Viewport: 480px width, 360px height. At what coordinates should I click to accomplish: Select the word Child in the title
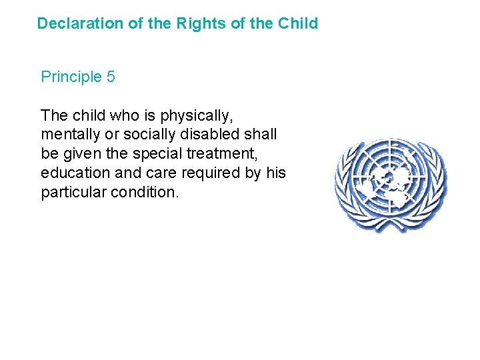point(298,24)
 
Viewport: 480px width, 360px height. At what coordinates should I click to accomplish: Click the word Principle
point(70,77)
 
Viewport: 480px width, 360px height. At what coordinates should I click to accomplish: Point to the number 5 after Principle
point(111,77)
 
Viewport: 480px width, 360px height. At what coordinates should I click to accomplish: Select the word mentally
point(69,135)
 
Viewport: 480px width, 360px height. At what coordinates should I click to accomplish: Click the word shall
point(261,135)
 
